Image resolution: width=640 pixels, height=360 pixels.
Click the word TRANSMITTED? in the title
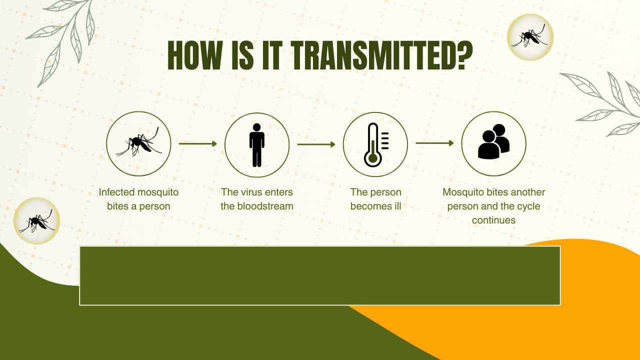click(382, 55)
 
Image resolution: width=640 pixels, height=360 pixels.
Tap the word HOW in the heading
click(195, 55)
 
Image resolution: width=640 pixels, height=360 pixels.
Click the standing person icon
click(257, 145)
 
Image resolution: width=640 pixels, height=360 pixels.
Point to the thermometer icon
click(375, 145)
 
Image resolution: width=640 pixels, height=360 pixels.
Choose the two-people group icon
click(493, 141)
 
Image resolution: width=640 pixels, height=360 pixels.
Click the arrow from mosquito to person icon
click(198, 143)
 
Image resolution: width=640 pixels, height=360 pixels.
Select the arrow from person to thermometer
click(316, 144)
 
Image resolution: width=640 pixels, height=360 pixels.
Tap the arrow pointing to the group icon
click(434, 143)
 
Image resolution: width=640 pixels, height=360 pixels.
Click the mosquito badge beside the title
click(530, 37)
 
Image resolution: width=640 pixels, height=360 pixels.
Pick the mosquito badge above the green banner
click(36, 221)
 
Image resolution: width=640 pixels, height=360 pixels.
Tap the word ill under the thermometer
click(397, 206)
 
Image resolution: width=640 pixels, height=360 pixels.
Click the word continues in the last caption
click(493, 220)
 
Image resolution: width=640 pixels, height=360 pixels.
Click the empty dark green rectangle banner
click(319, 275)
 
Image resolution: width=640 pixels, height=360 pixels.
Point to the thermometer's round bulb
click(373, 158)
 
